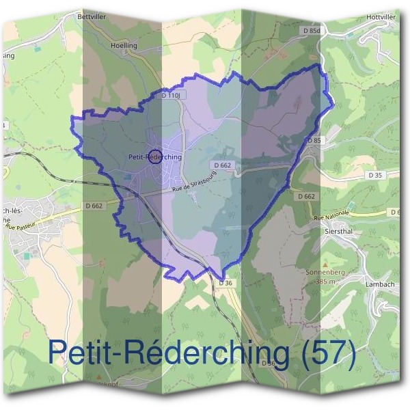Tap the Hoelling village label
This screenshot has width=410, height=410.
point(124,46)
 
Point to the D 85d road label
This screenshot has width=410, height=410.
point(311,30)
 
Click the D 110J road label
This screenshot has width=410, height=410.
point(171,96)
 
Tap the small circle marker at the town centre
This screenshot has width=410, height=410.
point(154,156)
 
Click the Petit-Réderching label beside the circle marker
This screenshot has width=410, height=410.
point(155,157)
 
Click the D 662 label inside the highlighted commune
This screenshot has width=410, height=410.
point(222,165)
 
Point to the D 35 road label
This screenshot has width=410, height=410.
point(375,176)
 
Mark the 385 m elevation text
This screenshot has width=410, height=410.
point(323,280)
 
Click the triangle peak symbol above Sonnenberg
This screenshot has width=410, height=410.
point(324,263)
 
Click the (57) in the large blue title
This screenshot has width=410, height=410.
point(323,355)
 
